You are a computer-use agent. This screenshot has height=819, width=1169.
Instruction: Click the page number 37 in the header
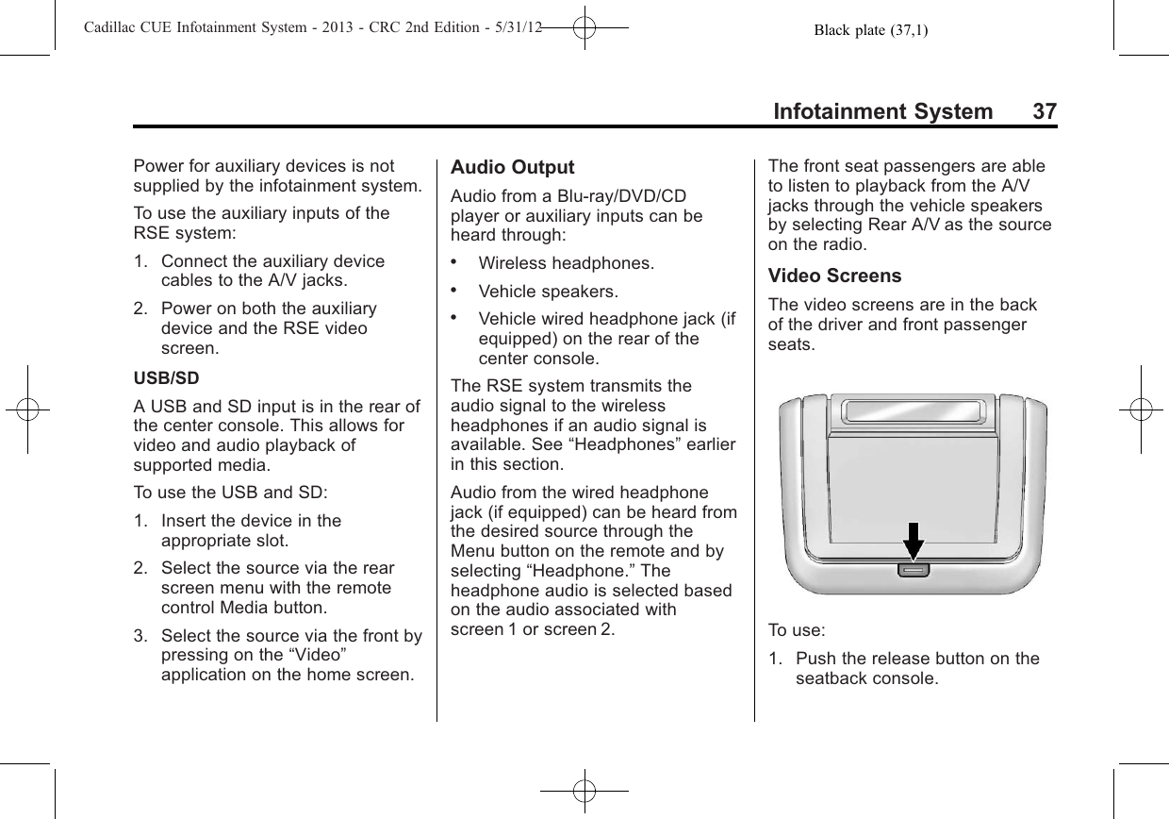tap(1044, 112)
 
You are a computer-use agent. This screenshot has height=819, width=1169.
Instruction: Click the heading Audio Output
tap(512, 168)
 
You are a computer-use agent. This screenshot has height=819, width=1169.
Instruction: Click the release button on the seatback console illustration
tap(912, 570)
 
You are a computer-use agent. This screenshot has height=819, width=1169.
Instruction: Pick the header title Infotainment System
tap(882, 112)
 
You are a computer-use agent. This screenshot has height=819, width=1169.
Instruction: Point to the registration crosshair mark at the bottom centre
tap(584, 791)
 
